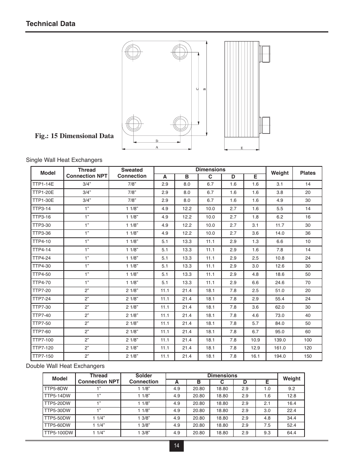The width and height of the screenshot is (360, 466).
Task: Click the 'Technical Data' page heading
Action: point(51,24)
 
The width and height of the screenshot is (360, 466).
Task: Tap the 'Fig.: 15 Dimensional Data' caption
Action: point(74,136)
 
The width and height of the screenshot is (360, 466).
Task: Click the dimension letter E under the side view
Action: point(242,148)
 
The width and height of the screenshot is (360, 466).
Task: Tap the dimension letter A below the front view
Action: point(157,148)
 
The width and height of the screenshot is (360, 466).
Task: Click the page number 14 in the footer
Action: point(176,446)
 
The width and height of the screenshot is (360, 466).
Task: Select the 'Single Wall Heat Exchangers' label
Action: point(64,160)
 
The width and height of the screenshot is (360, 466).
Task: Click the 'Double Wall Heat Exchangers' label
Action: point(65,366)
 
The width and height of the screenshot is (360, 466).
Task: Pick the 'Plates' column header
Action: point(308,173)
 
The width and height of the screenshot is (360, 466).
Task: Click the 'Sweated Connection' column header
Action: point(132,173)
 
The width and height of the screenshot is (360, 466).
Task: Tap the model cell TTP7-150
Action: point(43,356)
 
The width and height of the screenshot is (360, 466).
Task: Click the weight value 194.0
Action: point(280,356)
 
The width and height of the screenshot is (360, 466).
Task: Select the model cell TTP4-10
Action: point(42,241)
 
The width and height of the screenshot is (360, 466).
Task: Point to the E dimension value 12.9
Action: point(255,348)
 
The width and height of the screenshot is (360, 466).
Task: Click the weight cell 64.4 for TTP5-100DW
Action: point(291,433)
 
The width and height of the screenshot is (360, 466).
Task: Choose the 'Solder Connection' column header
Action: point(143,378)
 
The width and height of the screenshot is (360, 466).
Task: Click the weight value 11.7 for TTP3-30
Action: point(280,225)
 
